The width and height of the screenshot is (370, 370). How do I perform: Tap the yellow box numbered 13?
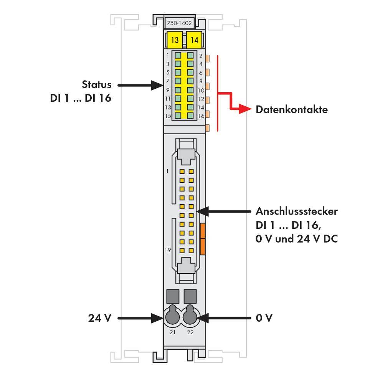pyautogui.click(x=175, y=40)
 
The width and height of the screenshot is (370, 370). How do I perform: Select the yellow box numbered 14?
pyautogui.click(x=195, y=40)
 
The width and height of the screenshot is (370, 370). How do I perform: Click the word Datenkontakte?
pyautogui.click(x=292, y=109)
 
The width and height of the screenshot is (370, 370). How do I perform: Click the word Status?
pyautogui.click(x=96, y=84)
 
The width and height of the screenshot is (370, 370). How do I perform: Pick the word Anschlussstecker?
pyautogui.click(x=297, y=211)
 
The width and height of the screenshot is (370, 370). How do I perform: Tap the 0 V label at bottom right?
pyautogui.click(x=264, y=318)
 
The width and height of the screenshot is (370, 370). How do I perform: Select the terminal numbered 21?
pyautogui.click(x=172, y=317)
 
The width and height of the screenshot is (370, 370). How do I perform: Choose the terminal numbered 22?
pyautogui.click(x=190, y=317)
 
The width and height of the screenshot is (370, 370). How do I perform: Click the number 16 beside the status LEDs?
pyautogui.click(x=201, y=116)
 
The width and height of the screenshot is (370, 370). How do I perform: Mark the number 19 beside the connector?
pyautogui.click(x=167, y=250)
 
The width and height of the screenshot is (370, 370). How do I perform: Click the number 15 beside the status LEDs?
pyautogui.click(x=168, y=116)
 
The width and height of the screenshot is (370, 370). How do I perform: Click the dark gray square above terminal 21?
pyautogui.click(x=172, y=297)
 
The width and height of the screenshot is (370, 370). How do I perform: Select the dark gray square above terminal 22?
pyautogui.click(x=190, y=297)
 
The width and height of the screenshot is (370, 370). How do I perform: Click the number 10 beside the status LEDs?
pyautogui.click(x=201, y=90)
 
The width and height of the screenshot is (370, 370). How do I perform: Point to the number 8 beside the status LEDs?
pyautogui.click(x=201, y=81)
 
